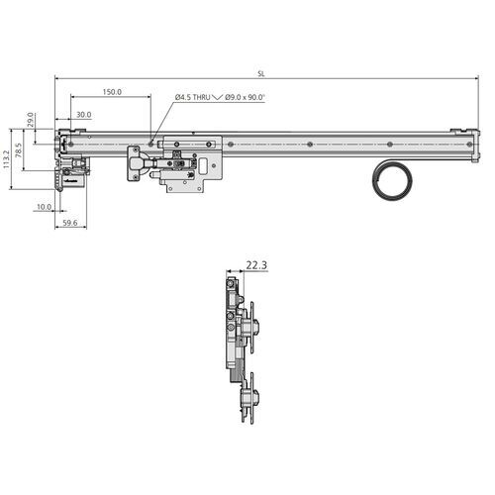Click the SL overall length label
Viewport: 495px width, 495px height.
260,73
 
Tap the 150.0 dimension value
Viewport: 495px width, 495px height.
112,92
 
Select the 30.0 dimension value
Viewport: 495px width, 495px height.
83,115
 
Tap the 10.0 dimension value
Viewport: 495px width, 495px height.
44,208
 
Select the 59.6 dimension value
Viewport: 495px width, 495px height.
69,224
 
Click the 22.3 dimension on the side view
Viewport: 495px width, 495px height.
256,265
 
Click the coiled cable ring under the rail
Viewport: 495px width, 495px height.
393,182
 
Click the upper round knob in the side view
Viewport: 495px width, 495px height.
256,328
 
